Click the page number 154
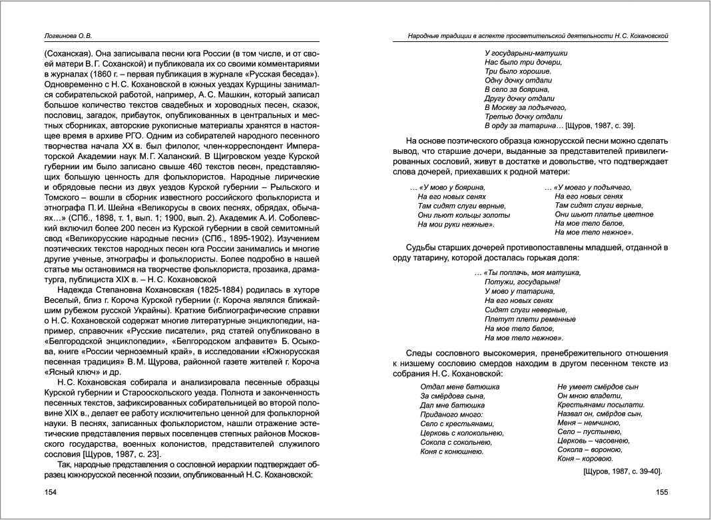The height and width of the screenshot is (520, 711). (x=51, y=492)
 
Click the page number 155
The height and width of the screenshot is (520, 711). (x=661, y=492)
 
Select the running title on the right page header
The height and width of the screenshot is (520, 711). (x=538, y=35)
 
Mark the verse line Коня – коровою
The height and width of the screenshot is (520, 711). (x=585, y=459)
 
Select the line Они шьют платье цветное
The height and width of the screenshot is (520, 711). (x=604, y=214)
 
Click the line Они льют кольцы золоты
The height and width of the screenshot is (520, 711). (x=463, y=215)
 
